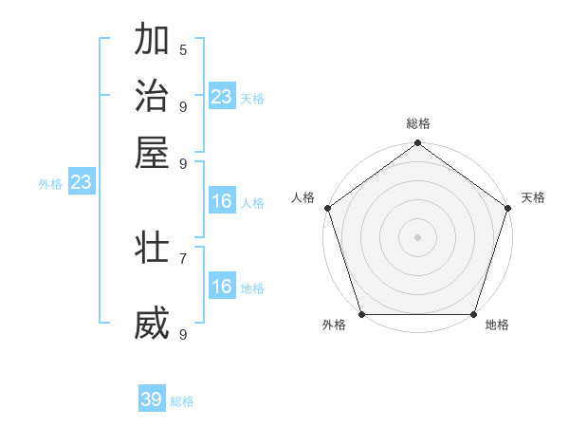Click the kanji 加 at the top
152,41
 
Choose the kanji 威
152,324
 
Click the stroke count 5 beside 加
183,49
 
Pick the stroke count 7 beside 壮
183,257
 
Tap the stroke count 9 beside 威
183,334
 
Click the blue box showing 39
152,400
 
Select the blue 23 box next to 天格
222,97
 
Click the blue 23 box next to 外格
81,183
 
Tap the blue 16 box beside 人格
222,201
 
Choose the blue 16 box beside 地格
222,287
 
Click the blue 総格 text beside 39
182,401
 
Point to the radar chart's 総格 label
418,123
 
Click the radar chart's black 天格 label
533,197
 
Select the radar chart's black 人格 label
303,197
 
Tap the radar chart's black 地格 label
497,325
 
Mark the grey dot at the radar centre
418,236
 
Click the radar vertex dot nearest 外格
361,314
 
